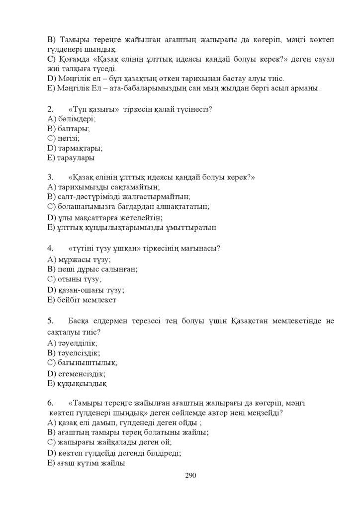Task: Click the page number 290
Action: point(191,476)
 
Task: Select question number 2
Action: point(50,108)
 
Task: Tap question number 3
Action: point(50,177)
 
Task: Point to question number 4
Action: point(50,248)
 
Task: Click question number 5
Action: point(50,321)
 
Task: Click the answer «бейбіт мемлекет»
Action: point(85,301)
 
